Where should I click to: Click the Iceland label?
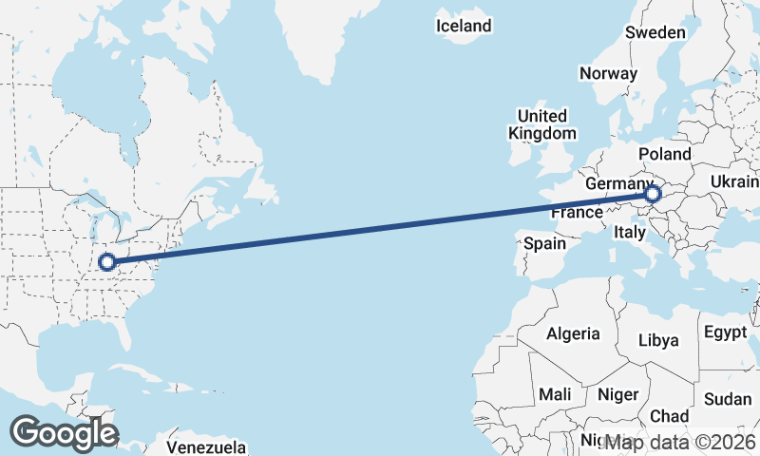coord(464,26)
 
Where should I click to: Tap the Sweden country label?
coord(655,32)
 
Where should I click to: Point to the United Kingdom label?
coord(542,124)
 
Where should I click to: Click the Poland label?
coord(665,154)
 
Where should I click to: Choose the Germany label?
coord(618,183)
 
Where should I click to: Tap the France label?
coord(578,212)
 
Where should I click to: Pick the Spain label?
coord(545,243)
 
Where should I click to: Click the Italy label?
coord(630,232)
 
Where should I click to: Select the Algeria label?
coord(573,333)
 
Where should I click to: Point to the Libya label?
coord(658,339)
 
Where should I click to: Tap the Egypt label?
coord(726,332)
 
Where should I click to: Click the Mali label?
coord(555,393)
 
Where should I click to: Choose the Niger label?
coord(618,393)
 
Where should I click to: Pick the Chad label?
coord(669,416)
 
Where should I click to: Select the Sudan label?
coord(728,398)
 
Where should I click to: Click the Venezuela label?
coord(206,446)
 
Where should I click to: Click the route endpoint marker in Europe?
coord(653,195)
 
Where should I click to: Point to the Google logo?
coord(64,433)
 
